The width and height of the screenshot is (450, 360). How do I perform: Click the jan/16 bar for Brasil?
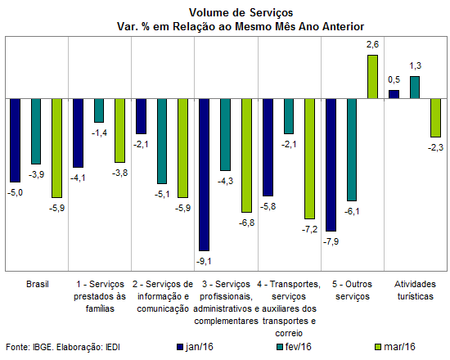tap(16, 141)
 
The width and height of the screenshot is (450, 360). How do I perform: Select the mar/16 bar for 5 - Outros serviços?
tap(372, 77)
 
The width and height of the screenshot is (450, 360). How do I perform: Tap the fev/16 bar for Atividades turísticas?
tap(415, 88)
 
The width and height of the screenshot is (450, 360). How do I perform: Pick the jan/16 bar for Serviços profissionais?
tap(205, 175)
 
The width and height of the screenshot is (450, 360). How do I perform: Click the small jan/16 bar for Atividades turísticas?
tap(394, 94)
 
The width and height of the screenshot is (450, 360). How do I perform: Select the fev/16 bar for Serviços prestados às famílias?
tap(99, 110)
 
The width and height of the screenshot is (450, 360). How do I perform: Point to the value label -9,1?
tap(204, 261)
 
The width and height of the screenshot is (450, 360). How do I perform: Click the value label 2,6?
tap(372, 44)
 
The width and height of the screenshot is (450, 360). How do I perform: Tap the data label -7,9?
tap(331, 241)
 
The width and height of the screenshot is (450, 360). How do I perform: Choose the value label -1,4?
tap(99, 133)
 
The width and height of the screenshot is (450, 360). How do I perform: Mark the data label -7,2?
tap(309, 229)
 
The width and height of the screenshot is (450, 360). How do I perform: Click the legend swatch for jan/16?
tap(180, 347)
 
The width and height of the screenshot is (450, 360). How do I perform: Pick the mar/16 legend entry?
tap(395, 347)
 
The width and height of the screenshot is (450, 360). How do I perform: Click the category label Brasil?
tap(38, 284)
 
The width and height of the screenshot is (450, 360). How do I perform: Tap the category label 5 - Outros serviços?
tap(352, 290)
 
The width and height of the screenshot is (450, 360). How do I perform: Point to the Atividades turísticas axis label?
tap(415, 290)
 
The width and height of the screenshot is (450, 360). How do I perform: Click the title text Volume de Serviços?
tap(241, 12)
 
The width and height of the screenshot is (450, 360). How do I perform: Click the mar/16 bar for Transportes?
tap(309, 159)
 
